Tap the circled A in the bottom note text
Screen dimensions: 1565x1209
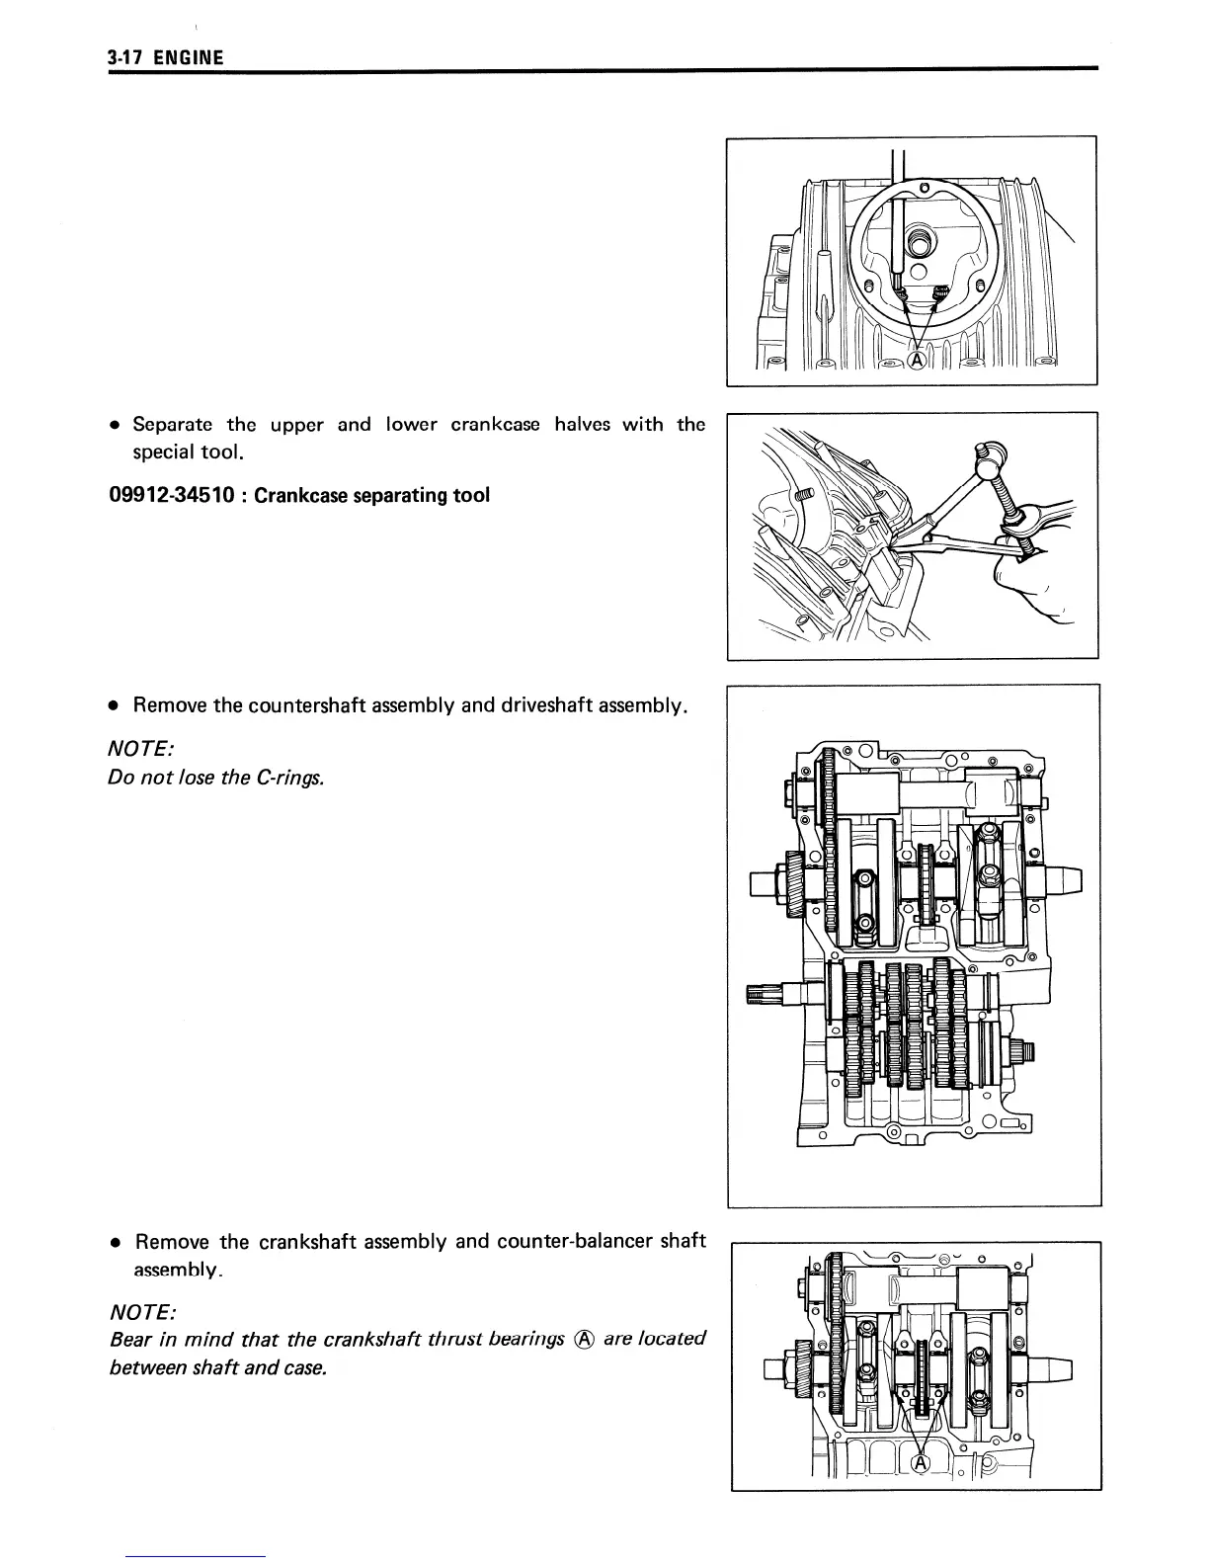584,1340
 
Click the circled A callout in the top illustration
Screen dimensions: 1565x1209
917,362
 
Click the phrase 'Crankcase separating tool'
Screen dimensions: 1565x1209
371,494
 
